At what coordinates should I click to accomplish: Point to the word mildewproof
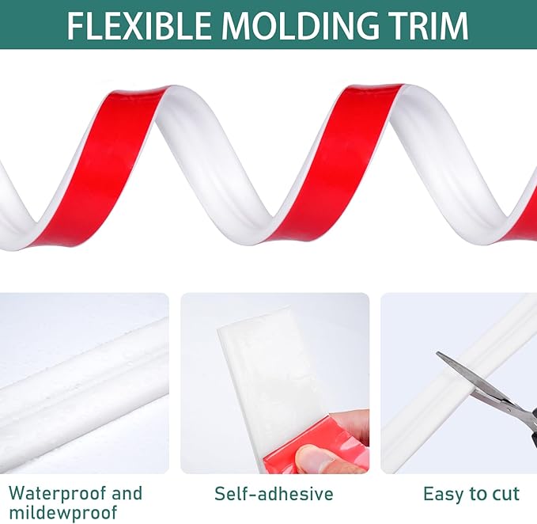tap(63, 513)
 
